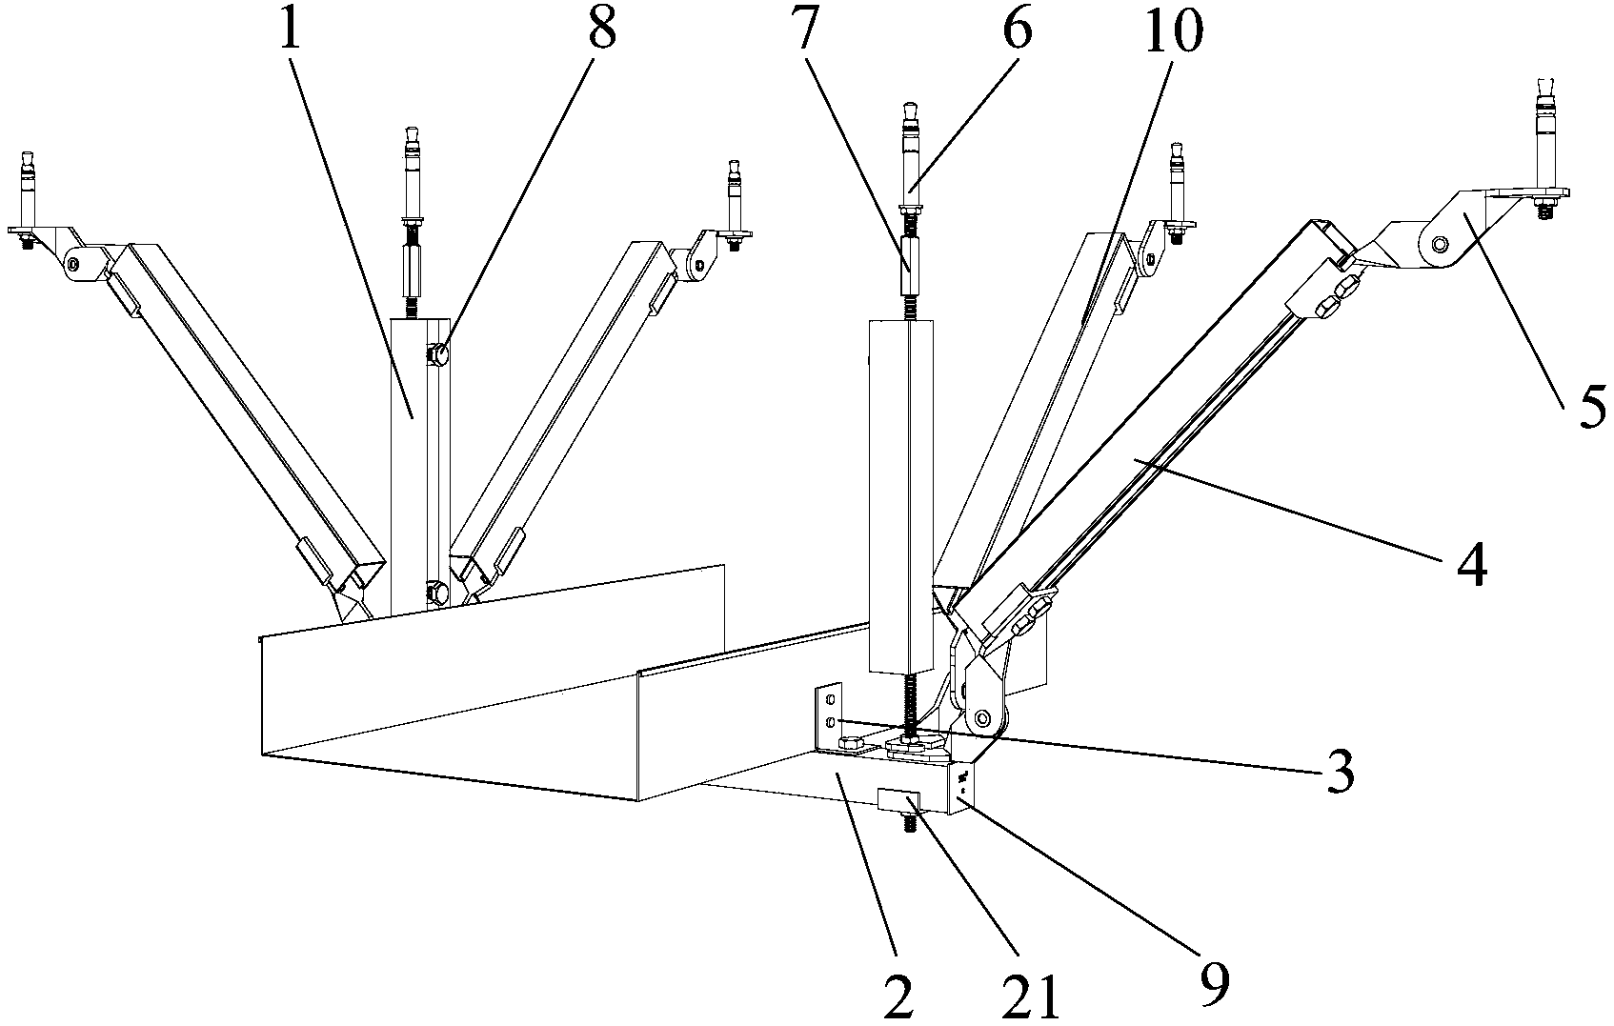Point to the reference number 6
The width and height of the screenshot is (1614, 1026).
(1017, 27)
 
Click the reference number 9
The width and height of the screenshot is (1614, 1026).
(1214, 984)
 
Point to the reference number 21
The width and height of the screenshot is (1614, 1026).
(1031, 997)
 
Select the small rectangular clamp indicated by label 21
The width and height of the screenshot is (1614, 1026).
(898, 800)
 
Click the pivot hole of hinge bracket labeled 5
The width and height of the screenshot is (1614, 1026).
(1440, 244)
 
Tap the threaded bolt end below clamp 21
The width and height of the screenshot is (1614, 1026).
(908, 822)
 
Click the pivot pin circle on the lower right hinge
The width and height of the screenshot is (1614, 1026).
(981, 718)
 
